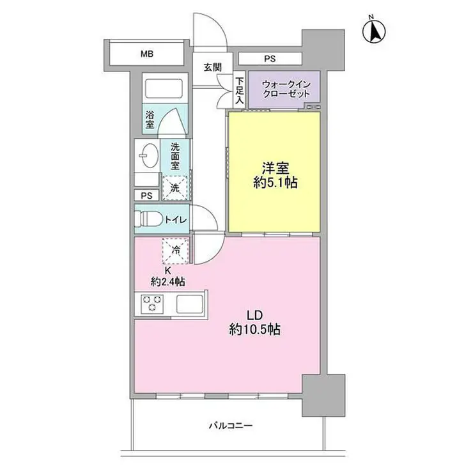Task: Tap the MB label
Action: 147,54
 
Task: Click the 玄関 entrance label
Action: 212,66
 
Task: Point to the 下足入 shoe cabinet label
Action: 238,91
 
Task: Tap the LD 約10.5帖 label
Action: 255,323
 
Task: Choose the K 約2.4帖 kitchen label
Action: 168,275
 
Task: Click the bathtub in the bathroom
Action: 163,89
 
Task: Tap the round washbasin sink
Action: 149,155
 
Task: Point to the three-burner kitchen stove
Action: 153,304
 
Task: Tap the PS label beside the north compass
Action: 270,59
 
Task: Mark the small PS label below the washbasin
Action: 146,196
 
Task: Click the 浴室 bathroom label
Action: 150,120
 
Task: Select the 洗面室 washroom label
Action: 175,154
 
